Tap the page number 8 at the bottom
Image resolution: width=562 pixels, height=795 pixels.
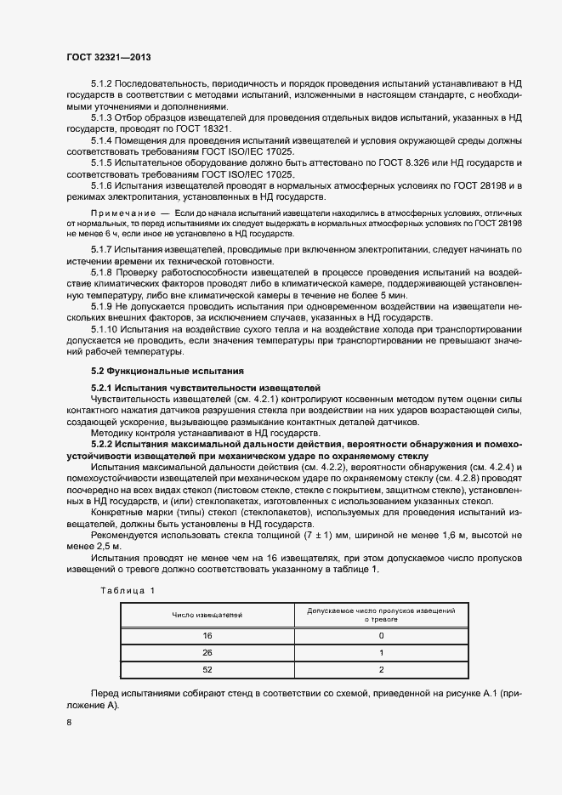69,723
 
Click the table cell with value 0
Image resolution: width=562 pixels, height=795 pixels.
381,635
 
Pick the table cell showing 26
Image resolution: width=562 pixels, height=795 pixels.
207,653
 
